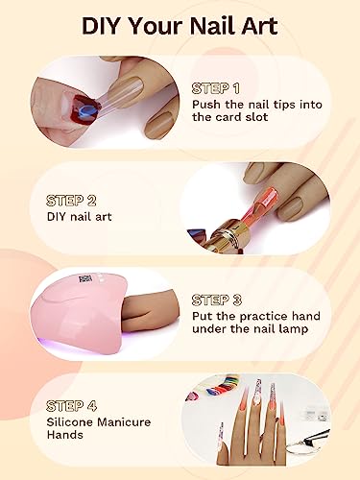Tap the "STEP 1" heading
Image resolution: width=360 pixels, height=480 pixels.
point(216,88)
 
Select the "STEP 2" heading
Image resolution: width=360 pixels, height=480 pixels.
point(71,201)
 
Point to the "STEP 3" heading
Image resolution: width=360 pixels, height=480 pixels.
point(217,300)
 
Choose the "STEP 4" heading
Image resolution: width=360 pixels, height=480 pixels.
point(71,406)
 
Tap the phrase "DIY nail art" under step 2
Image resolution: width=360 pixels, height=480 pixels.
point(79,217)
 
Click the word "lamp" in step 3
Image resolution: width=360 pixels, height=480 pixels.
point(294,329)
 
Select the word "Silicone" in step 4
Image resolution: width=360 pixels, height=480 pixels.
point(70,422)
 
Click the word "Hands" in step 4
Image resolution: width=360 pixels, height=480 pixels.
point(65,435)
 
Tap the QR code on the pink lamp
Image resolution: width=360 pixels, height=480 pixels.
point(85,278)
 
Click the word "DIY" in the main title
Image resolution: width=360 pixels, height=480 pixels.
point(103,26)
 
